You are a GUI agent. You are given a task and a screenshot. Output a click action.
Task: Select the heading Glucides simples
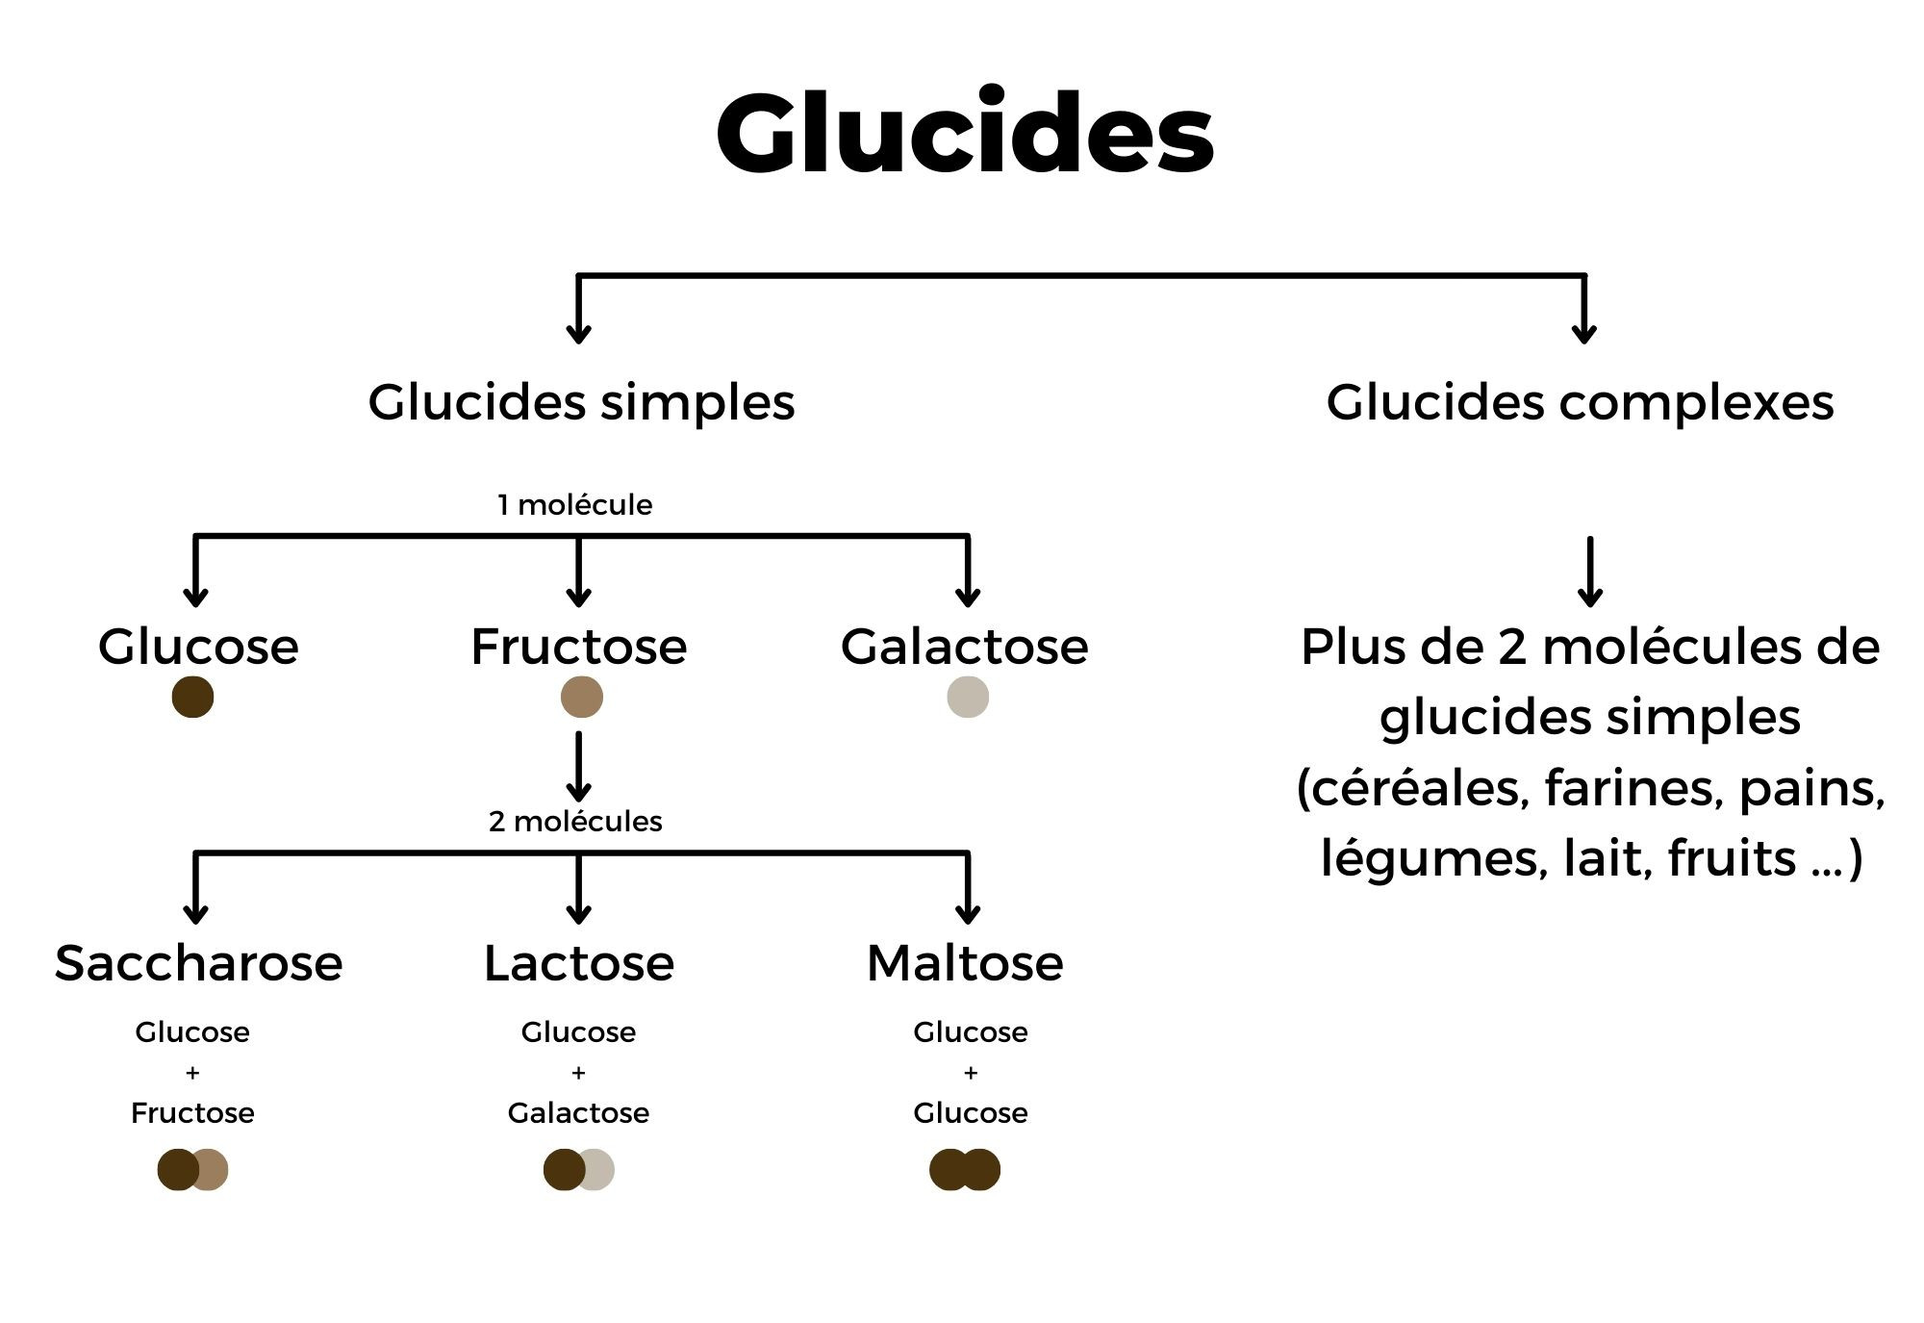(581, 402)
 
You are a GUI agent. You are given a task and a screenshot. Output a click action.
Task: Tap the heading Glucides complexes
(1580, 402)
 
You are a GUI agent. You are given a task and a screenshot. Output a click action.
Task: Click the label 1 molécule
(574, 505)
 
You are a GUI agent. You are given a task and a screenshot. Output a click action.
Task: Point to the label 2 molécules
(575, 821)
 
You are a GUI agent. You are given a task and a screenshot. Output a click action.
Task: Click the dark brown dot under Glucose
(192, 697)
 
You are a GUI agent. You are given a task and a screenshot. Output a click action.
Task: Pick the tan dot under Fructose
(582, 697)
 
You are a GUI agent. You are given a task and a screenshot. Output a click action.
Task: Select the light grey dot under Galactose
(968, 697)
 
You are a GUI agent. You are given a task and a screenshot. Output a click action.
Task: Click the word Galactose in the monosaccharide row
(964, 647)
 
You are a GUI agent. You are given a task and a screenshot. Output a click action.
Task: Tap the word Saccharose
(198, 963)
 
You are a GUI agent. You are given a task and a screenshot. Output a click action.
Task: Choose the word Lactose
(578, 963)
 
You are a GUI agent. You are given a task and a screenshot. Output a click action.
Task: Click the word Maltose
(965, 963)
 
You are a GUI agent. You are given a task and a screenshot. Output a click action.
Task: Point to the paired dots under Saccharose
(192, 1170)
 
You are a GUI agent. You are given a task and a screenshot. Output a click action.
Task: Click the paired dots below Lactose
(578, 1170)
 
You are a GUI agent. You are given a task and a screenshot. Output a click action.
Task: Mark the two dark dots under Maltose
(965, 1170)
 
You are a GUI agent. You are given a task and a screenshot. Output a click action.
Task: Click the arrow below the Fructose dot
(578, 767)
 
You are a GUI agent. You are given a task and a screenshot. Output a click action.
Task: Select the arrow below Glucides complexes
(1590, 572)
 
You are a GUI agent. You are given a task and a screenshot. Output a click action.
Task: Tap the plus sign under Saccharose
(192, 1072)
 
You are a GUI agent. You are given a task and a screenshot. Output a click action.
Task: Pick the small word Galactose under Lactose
(578, 1113)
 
